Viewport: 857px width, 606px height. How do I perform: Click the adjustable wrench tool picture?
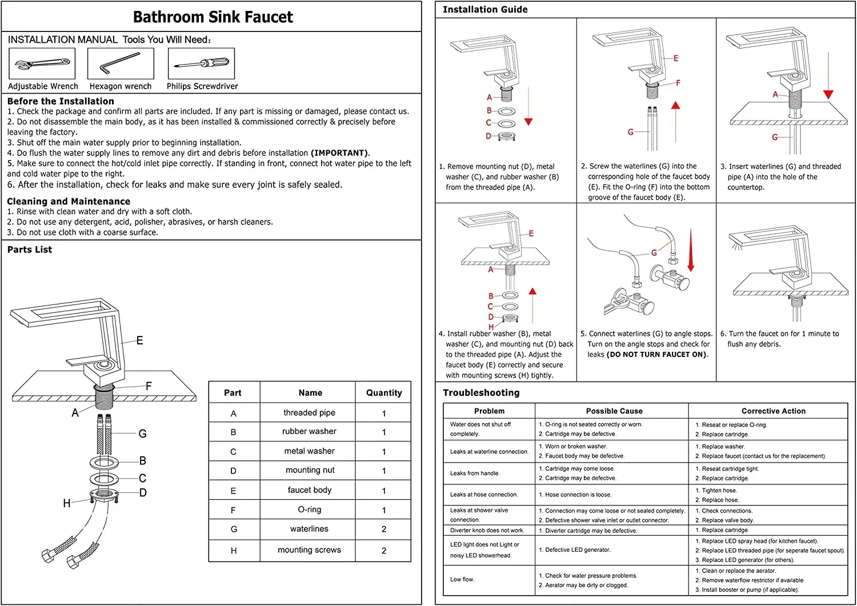coord(42,64)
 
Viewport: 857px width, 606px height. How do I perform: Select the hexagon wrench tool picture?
coord(121,63)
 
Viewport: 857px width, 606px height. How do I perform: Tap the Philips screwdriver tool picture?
coord(201,63)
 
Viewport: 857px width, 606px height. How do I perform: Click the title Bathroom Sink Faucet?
coord(213,17)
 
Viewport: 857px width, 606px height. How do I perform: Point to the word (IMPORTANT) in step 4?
coord(340,153)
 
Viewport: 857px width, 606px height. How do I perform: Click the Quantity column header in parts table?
coord(384,393)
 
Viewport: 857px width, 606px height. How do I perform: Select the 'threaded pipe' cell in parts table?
coord(309,413)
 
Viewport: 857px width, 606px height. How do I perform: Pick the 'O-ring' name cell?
coord(309,509)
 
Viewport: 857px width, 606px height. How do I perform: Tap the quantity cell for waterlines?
coord(384,529)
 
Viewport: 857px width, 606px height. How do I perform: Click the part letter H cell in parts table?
coord(233,551)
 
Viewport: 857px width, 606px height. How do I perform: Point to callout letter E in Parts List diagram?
coord(139,340)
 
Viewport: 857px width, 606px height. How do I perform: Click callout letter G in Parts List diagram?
coord(142,434)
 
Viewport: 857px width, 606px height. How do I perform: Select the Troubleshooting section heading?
coord(481,393)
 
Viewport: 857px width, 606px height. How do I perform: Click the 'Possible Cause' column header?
coord(614,411)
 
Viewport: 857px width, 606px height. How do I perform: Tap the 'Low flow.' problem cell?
coord(462,580)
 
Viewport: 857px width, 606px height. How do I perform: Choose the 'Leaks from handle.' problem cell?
coord(475,473)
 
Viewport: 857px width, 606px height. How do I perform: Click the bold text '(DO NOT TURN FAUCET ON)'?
coord(657,355)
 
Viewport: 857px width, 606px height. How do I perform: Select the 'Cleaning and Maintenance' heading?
coord(69,202)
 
